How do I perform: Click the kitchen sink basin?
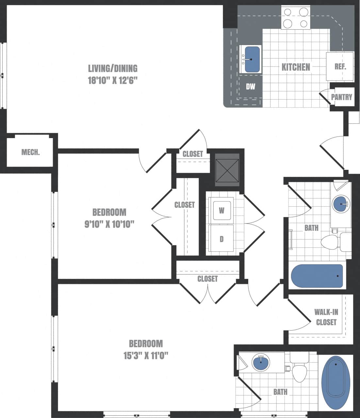tap(252, 59)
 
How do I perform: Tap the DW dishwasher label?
tap(250, 87)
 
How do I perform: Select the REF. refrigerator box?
tap(340, 66)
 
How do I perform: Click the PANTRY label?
tap(341, 97)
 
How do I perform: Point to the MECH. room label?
tap(30, 152)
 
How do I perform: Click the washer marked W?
tap(221, 210)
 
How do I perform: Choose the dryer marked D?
tap(221, 239)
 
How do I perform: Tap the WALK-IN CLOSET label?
tap(326, 317)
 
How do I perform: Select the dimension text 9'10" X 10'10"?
tap(109, 224)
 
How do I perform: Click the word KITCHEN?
tap(296, 67)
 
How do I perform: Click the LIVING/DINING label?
tap(113, 68)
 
